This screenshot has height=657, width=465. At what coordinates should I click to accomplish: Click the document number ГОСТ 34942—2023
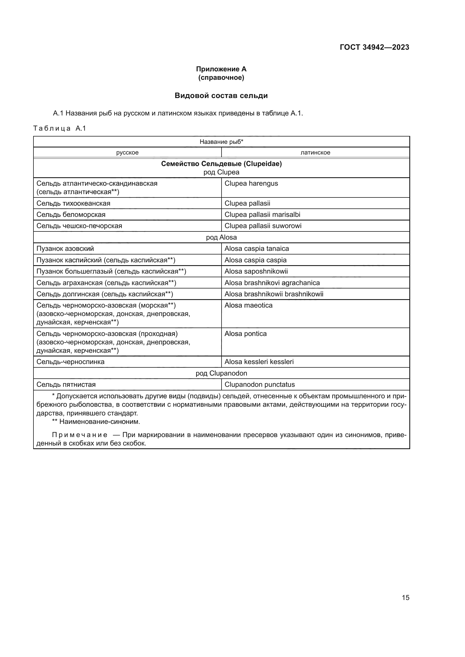374,47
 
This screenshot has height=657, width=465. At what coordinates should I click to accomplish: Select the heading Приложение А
221,69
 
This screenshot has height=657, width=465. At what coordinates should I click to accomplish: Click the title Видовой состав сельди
221,96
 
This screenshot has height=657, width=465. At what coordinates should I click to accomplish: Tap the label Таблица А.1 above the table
60,128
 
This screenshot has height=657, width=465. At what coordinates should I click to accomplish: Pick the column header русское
127,153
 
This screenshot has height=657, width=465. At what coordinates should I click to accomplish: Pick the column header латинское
315,153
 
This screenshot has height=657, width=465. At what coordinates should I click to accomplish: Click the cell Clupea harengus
251,183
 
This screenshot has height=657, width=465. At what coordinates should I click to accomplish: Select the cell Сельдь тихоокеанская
73,203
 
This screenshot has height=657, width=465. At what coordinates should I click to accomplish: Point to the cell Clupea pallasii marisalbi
262,215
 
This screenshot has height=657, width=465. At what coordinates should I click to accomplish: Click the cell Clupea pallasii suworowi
263,226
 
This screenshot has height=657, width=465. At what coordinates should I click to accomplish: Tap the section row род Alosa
221,237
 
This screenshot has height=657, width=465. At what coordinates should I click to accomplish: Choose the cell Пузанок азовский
65,249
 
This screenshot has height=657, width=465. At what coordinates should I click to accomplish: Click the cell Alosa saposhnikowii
256,271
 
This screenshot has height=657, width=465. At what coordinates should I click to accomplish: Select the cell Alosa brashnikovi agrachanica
272,283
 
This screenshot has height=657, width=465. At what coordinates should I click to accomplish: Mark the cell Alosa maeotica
248,305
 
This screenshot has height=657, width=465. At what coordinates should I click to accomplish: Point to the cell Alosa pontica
245,334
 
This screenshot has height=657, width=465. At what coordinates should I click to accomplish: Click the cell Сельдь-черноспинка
71,362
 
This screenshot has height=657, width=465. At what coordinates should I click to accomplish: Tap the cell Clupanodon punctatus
259,385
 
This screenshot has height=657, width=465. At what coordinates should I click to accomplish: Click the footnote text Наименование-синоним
99,422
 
